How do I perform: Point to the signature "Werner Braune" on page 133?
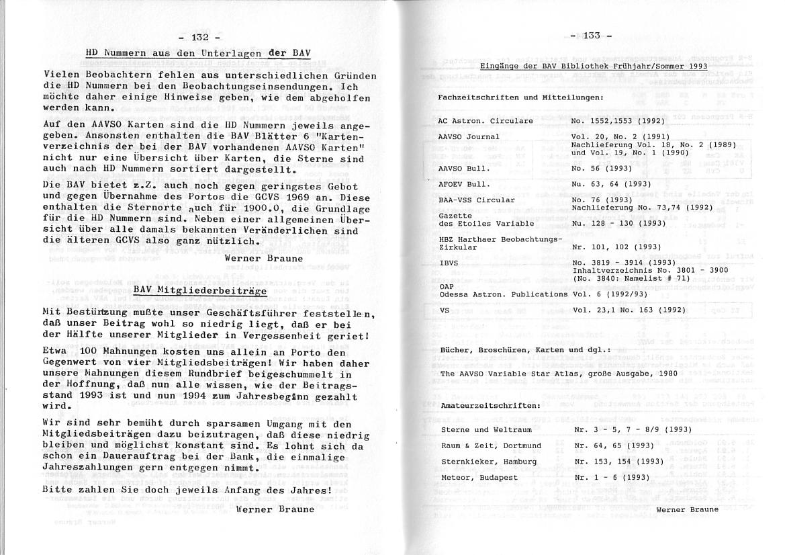click(x=687, y=509)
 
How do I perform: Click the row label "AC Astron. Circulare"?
click(x=486, y=121)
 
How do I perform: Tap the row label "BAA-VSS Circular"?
click(x=476, y=200)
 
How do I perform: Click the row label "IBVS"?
click(x=449, y=263)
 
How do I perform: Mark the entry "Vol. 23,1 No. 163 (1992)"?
click(x=630, y=310)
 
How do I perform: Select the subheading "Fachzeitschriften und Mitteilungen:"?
click(x=520, y=97)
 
